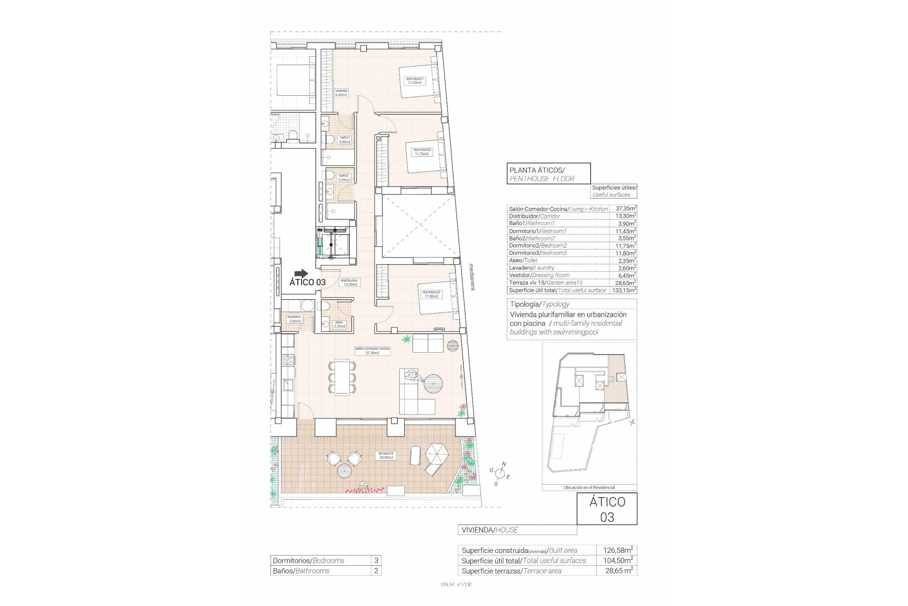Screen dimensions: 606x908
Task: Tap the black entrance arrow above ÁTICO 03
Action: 301,273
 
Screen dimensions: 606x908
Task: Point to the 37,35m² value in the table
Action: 626,208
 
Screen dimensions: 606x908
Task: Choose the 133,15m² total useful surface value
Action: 626,290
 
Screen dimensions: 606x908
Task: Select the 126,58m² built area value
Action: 618,550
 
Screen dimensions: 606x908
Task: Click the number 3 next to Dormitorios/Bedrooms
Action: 376,560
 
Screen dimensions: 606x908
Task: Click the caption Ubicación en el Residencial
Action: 589,487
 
